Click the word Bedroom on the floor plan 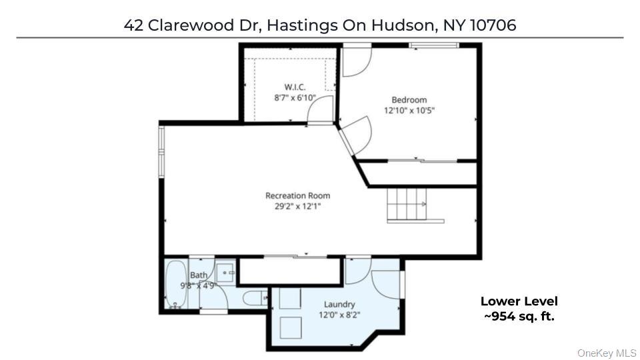click(x=409, y=100)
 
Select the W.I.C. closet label click(x=295, y=87)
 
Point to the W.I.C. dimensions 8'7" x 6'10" click(x=294, y=97)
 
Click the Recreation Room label click(x=297, y=196)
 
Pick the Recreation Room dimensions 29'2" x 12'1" click(x=297, y=206)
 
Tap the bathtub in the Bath click(x=176, y=285)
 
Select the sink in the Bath click(x=225, y=271)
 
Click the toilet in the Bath click(x=254, y=298)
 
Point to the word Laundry click(x=339, y=305)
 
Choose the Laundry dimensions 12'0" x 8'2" click(x=339, y=315)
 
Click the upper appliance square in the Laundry click(x=290, y=299)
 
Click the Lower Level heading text click(x=519, y=301)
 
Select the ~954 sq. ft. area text click(x=519, y=316)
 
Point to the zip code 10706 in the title click(x=493, y=25)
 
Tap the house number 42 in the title click(x=133, y=25)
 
